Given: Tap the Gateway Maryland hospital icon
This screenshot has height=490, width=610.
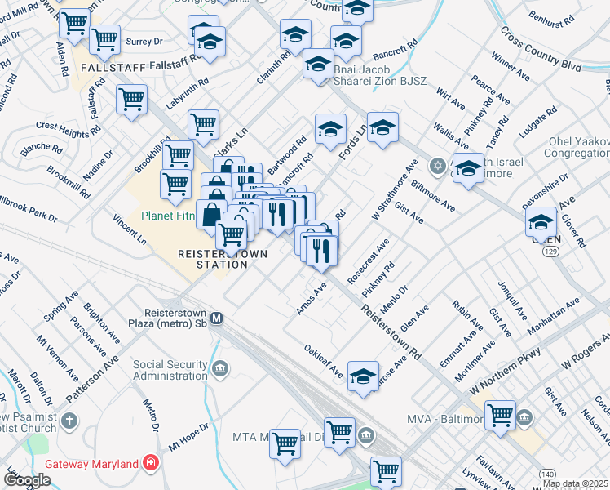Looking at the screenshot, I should coord(150,464).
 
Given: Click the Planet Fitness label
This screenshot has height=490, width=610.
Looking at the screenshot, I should coord(171,216).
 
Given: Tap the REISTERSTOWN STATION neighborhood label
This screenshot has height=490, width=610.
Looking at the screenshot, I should coord(223,259).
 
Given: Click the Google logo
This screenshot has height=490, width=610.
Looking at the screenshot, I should coord(27,480).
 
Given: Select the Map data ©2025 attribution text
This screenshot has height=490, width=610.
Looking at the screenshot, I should coord(575,483).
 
